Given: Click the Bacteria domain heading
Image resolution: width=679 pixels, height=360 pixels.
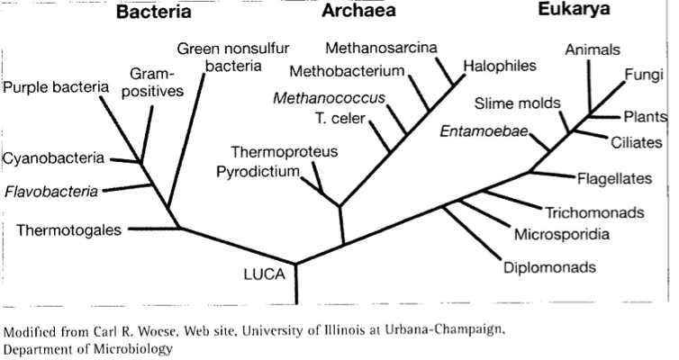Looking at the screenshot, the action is pos(154,11).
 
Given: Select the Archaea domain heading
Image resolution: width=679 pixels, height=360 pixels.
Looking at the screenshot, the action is pos(358,11).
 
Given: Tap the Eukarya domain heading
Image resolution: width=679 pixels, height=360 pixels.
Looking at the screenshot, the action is pos(574,10).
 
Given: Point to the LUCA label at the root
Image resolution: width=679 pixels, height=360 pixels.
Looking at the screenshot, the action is pos(264,274).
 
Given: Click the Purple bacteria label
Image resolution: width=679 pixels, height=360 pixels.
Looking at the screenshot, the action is pos(56,87).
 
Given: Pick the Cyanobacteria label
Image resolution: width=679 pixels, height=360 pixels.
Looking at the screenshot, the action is pos(53,158).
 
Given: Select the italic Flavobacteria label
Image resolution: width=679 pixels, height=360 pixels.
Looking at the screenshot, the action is pos(51,191).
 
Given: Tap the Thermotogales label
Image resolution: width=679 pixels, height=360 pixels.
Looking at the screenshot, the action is pos(68,229).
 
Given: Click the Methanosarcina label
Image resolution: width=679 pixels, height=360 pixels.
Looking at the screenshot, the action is pos(381,47).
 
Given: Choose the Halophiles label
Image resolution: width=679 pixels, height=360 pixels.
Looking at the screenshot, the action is pos(500,66).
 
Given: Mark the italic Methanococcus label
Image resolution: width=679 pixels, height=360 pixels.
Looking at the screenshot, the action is pos(329,98).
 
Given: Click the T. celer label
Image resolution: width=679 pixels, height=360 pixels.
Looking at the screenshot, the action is pos(340,118).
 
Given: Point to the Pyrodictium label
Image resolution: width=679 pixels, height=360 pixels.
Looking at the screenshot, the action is pos(258,172).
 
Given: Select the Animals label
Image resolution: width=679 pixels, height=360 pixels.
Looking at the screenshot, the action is pos(593,49).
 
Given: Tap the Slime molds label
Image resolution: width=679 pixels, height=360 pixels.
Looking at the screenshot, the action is pos(517,103).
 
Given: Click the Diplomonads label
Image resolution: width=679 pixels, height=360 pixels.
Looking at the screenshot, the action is pos(549,267).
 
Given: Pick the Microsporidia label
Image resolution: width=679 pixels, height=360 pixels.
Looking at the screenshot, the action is pos(562,235).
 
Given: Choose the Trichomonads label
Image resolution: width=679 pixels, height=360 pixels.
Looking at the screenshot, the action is pos(594,213).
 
